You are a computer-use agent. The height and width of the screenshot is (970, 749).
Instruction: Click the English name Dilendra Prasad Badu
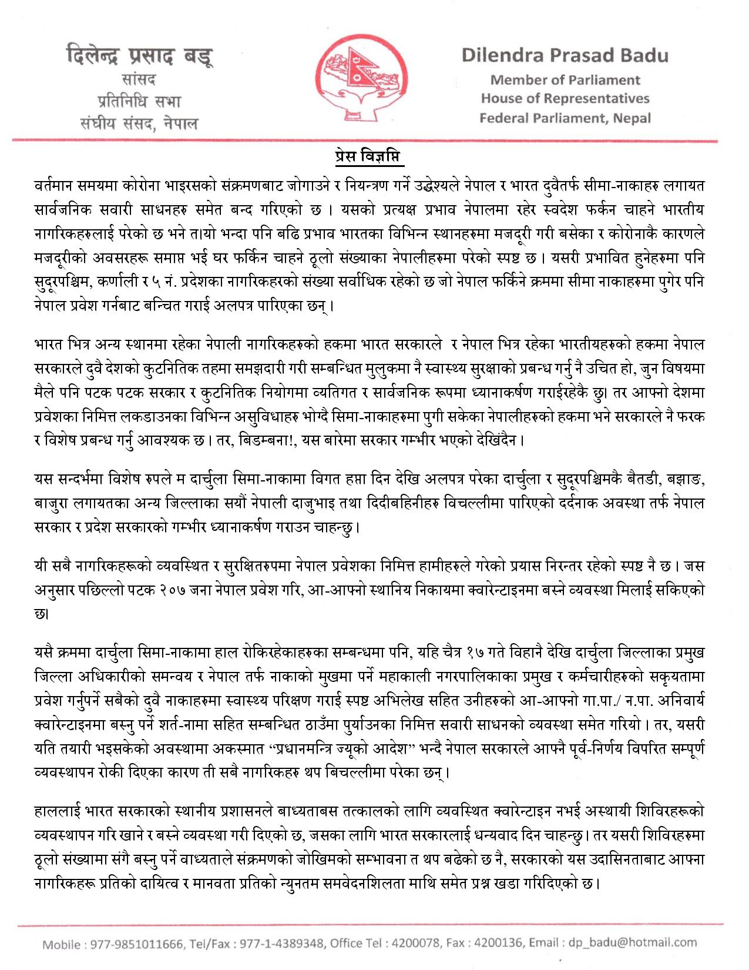[x=565, y=56]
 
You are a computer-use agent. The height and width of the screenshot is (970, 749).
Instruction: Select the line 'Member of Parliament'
[x=565, y=80]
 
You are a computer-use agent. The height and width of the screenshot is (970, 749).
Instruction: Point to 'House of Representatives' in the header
[x=565, y=98]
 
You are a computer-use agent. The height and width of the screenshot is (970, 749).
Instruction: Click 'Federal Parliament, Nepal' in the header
[x=565, y=118]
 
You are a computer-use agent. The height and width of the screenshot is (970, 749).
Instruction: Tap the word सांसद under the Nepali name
[x=139, y=79]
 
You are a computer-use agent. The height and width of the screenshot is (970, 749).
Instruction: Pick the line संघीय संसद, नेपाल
[x=139, y=123]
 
